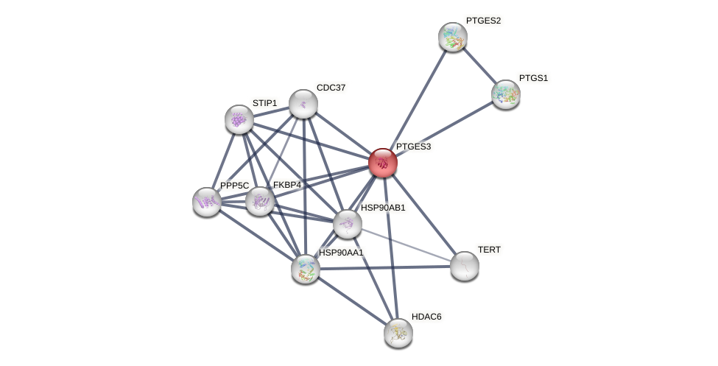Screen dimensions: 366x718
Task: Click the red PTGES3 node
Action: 382,163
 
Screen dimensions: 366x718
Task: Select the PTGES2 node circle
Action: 452,37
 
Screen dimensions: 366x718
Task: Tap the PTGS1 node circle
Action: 505,94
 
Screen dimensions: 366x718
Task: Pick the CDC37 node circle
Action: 303,104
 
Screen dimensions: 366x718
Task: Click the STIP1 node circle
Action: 239,119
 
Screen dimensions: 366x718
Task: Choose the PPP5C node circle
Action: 206,201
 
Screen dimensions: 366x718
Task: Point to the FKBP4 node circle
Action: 259,200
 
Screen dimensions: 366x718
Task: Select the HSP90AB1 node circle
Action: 347,224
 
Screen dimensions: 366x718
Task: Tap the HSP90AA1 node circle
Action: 305,269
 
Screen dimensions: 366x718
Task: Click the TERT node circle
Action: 464,266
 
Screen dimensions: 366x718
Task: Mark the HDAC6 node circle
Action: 398,333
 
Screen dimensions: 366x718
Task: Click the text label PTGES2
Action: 482,21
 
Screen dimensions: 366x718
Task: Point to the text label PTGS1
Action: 533,78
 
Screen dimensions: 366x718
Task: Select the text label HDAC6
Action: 426,317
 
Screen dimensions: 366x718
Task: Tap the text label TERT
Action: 489,250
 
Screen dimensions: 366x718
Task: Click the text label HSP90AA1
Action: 340,253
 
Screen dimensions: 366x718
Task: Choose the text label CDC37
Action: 331,88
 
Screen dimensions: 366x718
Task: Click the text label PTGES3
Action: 413,147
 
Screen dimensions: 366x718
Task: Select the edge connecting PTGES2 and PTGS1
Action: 479,66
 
